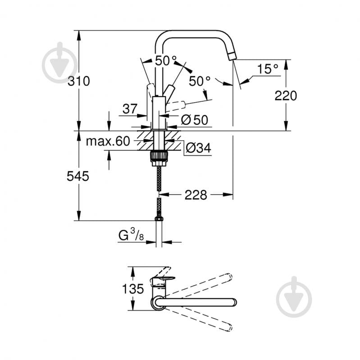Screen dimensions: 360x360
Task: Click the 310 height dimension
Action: click(79, 82)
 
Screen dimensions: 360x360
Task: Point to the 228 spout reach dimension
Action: click(196, 195)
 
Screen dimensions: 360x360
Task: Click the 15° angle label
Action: click(268, 69)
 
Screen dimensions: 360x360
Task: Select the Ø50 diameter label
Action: click(194, 120)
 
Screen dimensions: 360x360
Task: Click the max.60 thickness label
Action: click(108, 141)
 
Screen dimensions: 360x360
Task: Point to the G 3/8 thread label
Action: click(131, 235)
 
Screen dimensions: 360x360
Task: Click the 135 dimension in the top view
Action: click(134, 289)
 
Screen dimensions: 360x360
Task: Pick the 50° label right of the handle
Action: click(200, 81)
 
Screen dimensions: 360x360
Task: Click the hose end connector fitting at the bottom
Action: click(159, 219)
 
